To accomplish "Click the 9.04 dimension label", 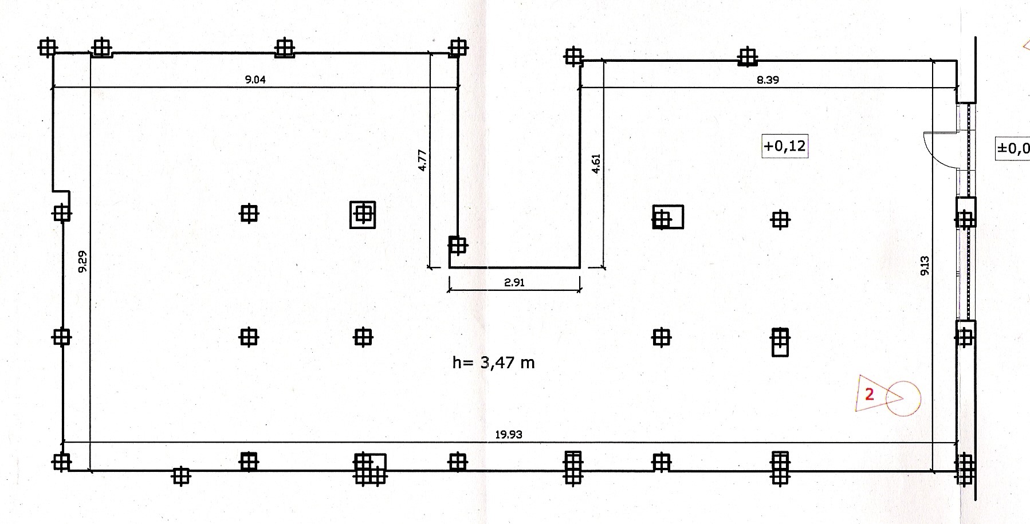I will pyautogui.click(x=255, y=80).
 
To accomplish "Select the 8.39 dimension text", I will pyautogui.click(x=768, y=80).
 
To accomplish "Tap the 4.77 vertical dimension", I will pyautogui.click(x=422, y=160).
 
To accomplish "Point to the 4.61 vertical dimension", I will pyautogui.click(x=596, y=164).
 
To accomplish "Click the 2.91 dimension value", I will pyautogui.click(x=514, y=282).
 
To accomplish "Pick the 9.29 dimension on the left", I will pyautogui.click(x=82, y=261).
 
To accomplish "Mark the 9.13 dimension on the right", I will pyautogui.click(x=925, y=266).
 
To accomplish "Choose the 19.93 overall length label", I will pyautogui.click(x=509, y=435).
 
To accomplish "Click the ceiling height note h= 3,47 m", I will pyautogui.click(x=493, y=363).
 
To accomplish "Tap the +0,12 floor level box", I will pyautogui.click(x=785, y=146).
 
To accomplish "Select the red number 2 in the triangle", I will pyautogui.click(x=869, y=394).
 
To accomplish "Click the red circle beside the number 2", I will pyautogui.click(x=903, y=398).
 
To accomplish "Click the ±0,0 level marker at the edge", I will pyautogui.click(x=1013, y=149).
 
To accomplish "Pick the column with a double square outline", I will pyautogui.click(x=363, y=215).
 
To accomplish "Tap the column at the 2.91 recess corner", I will pyautogui.click(x=457, y=246).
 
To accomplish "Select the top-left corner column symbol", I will pyautogui.click(x=48, y=48).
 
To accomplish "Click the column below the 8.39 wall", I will pyautogui.click(x=747, y=57).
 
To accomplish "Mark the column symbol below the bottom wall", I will pyautogui.click(x=181, y=475).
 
